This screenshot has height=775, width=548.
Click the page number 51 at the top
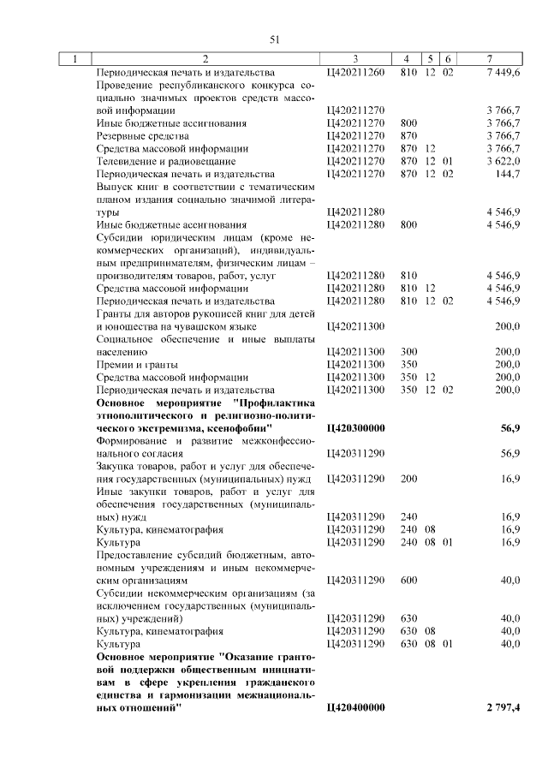(x=275, y=39)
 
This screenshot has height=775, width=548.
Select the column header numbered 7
(x=489, y=59)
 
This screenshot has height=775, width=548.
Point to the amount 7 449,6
(x=503, y=73)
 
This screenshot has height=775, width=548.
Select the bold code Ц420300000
(x=355, y=427)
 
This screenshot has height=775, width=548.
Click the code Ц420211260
(x=355, y=73)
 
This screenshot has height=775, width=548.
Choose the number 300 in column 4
(x=408, y=352)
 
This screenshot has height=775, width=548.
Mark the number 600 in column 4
(x=408, y=580)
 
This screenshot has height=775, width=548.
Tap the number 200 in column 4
(x=408, y=479)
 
